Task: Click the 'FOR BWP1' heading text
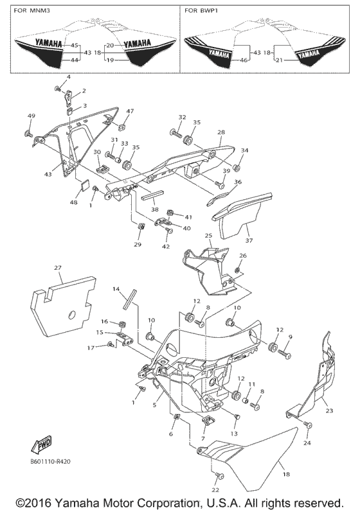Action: [202, 11]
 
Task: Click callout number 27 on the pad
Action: [58, 267]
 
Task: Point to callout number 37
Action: [248, 241]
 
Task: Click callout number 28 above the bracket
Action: [221, 132]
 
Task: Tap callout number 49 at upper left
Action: [31, 115]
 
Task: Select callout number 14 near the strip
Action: [116, 290]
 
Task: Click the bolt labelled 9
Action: [286, 353]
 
